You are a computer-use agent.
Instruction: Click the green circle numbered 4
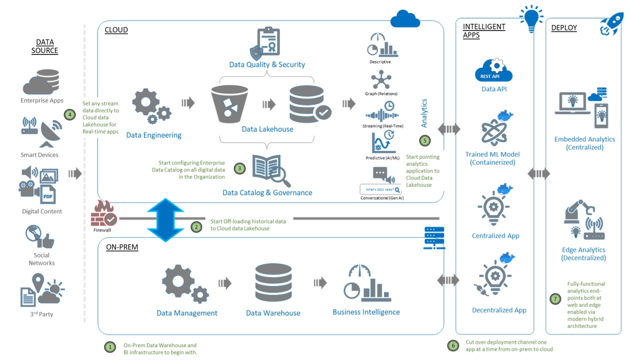point(69,114)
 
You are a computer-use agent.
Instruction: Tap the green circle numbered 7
point(555,299)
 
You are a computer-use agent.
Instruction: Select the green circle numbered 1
point(109,346)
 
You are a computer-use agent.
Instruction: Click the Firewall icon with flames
point(103,213)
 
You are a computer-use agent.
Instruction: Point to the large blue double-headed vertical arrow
point(165,219)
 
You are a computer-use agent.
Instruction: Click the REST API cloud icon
point(493,71)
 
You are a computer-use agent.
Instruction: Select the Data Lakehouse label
point(267,129)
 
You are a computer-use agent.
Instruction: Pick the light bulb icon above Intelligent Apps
point(531,19)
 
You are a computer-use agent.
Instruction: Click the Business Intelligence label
point(366,312)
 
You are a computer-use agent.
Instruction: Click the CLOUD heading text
point(116,30)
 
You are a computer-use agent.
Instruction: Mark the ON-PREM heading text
point(122,247)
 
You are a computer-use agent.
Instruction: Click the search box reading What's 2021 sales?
point(380,189)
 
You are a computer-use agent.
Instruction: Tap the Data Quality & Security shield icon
point(256,52)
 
